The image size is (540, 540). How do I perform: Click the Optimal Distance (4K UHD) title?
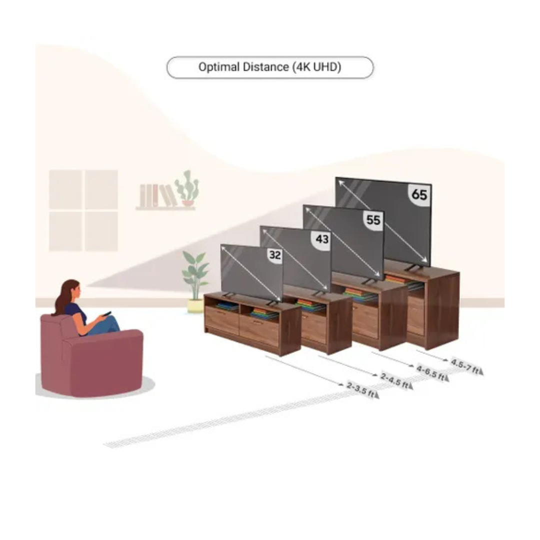click(269, 67)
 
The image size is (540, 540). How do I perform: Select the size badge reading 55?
click(372, 220)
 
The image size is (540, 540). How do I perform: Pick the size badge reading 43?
click(322, 239)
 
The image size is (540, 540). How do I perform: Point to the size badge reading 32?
click(275, 255)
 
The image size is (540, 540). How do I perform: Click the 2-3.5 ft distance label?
click(360, 389)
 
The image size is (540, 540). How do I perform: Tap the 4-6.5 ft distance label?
click(431, 372)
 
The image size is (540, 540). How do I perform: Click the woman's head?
click(71, 290)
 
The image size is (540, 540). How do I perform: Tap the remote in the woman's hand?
click(106, 314)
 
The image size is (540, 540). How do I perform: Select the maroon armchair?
click(90, 357)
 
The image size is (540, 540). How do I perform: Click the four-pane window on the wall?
click(83, 210)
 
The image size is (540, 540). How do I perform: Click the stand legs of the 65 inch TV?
click(413, 269)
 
